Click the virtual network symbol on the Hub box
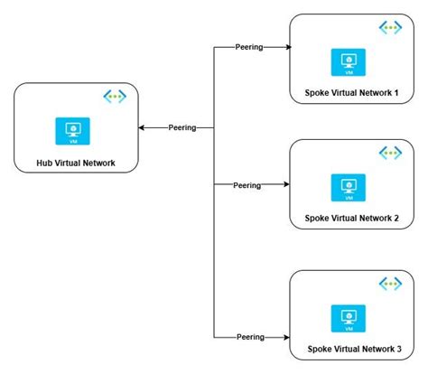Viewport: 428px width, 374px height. coord(115,96)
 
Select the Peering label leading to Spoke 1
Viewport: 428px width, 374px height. coord(247,46)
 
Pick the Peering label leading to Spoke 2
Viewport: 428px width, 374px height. coord(247,185)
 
